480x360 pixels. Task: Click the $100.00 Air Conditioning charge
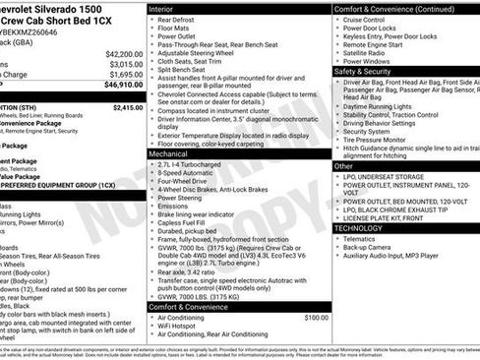click(x=316, y=318)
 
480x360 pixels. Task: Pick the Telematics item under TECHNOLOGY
click(x=359, y=238)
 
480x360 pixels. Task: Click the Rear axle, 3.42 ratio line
click(x=193, y=271)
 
